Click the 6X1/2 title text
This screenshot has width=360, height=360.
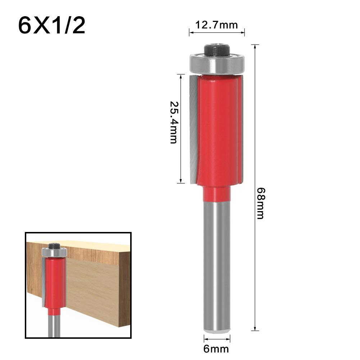pyautogui.click(x=52, y=25)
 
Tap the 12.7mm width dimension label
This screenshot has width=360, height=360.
pyautogui.click(x=217, y=25)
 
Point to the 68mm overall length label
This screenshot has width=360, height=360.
pyautogui.click(x=260, y=203)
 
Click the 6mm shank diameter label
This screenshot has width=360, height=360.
pyautogui.click(x=217, y=348)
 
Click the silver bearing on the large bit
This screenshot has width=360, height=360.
pyautogui.click(x=217, y=65)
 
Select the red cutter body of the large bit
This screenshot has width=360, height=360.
pyautogui.click(x=218, y=129)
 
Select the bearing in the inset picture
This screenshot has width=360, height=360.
pyautogui.click(x=54, y=252)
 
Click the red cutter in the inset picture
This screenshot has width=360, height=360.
pyautogui.click(x=55, y=284)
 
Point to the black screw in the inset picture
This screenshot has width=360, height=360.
pyautogui.click(x=55, y=246)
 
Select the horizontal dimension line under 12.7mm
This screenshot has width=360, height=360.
pyautogui.click(x=217, y=33)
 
